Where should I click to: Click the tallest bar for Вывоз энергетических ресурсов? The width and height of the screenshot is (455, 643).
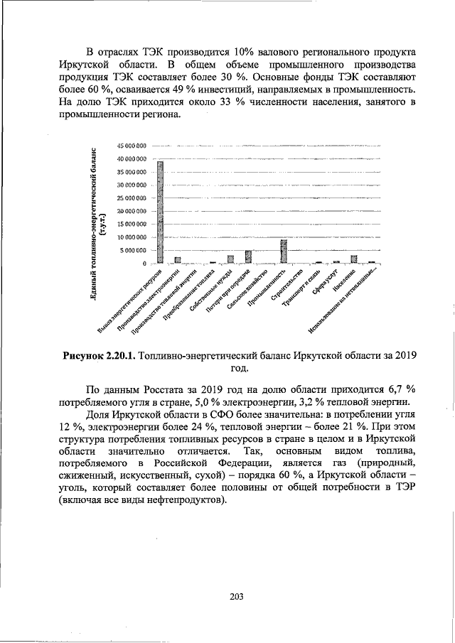[x=161, y=212]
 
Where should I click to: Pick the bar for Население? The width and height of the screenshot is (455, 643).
[x=353, y=259]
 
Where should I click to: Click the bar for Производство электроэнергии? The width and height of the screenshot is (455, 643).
[x=178, y=260]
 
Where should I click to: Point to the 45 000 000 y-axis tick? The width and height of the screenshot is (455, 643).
[x=132, y=146]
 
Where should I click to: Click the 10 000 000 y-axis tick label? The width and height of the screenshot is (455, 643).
[x=132, y=237]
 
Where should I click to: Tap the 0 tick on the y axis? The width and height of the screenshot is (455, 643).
[x=144, y=264]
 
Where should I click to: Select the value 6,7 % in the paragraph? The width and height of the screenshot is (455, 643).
[x=402, y=389]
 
